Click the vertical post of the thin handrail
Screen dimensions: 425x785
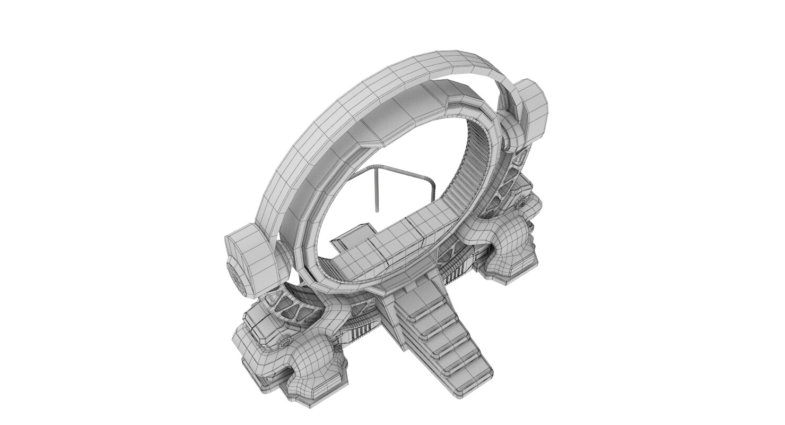pos(376,189)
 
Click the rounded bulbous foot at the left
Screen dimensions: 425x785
pos(308,361)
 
